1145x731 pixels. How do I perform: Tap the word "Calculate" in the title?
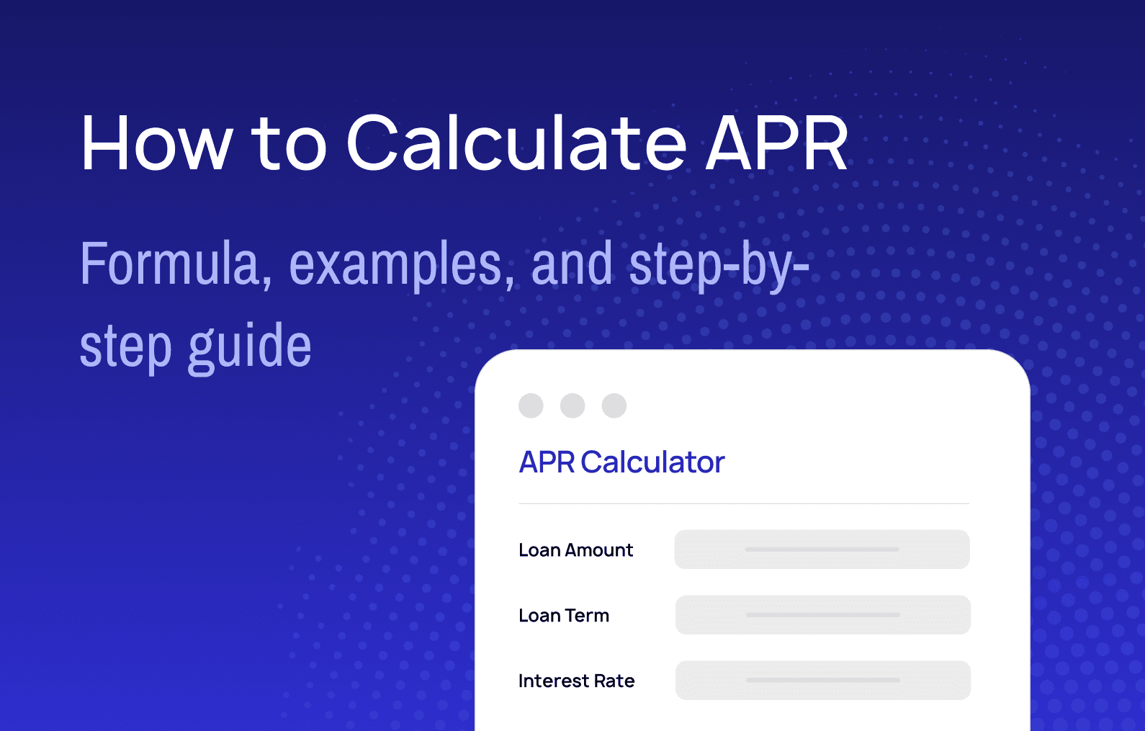516,143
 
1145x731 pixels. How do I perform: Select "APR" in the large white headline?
776,143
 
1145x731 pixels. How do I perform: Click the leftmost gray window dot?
531,405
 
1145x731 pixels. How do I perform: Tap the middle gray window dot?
572,405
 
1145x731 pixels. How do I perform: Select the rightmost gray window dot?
614,405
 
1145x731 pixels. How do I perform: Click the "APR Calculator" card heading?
621,462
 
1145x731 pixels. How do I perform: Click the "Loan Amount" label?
575,550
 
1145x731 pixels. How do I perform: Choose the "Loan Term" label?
564,616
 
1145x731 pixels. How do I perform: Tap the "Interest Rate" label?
576,681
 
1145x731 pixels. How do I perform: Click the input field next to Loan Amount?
822,550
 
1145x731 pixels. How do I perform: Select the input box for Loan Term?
822,615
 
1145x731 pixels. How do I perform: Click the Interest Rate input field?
822,681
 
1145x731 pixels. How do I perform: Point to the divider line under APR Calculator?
744,503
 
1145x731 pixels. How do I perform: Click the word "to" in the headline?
289,143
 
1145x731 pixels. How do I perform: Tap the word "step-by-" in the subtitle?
719,266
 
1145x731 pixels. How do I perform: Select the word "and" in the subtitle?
572,264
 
